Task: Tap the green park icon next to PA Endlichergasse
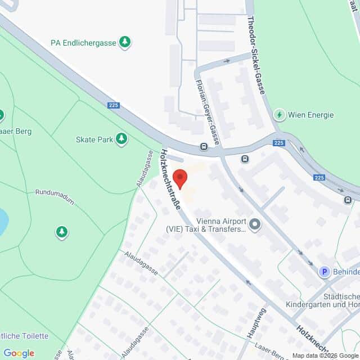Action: [125, 42]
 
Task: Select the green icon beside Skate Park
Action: [121, 138]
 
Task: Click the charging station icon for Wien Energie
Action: [278, 115]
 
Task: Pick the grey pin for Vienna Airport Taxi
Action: [255, 225]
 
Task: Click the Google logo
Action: [19, 353]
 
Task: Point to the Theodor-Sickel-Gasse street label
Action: [256, 56]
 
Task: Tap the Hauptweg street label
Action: [254, 323]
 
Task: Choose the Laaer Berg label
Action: [16, 132]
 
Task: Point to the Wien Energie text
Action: [310, 115]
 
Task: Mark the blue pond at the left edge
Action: [3, 222]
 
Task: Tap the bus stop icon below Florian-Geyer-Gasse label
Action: [204, 147]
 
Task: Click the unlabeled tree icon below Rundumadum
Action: [62, 232]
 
